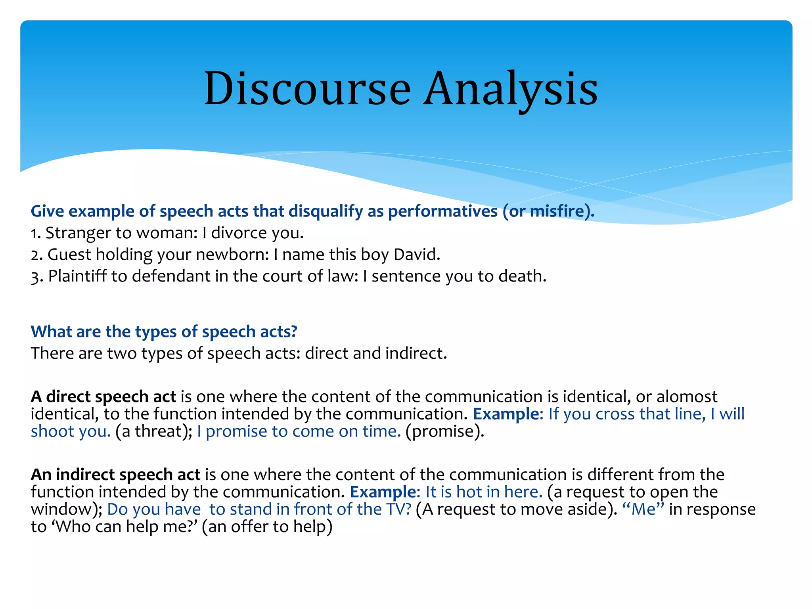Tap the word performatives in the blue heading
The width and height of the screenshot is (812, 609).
[442, 211]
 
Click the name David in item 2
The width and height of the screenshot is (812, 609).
[416, 254]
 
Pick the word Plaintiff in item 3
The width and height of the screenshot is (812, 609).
[77, 276]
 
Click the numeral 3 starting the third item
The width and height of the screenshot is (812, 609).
[35, 277]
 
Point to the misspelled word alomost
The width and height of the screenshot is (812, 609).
[687, 396]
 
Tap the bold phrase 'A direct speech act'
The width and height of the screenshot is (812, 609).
[103, 396]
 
